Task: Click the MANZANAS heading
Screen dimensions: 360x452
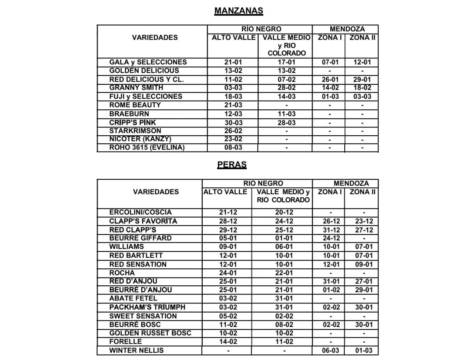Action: pos(238,11)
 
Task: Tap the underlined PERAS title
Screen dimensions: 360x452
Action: pos(232,164)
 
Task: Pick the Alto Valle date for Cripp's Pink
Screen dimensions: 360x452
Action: pos(233,123)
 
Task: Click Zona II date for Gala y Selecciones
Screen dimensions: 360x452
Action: pos(362,62)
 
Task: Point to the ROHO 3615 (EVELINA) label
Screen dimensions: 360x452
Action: pos(147,147)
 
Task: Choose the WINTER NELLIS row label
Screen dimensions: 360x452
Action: pos(136,350)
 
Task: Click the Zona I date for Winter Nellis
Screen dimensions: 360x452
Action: pos(330,350)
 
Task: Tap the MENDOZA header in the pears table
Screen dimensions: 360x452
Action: pos(351,184)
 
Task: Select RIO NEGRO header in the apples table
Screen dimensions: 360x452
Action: pos(261,29)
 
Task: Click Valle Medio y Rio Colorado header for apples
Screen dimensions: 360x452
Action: pos(286,45)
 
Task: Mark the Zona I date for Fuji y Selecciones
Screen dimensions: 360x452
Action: pos(330,97)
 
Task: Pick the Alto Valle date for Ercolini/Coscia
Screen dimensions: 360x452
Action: pos(228,212)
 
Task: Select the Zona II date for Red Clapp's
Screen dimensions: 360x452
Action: pos(363,230)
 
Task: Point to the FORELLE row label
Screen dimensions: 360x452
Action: pos(125,342)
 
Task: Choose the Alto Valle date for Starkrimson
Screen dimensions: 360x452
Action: pos(233,131)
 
